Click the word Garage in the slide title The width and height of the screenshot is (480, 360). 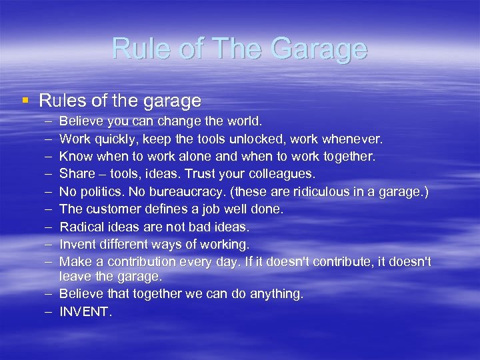(318, 49)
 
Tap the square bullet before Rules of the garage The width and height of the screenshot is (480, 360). (25, 101)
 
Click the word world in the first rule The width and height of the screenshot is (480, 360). (244, 122)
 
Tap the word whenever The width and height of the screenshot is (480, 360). (351, 139)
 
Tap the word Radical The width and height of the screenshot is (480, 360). (80, 227)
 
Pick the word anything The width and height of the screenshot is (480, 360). (274, 293)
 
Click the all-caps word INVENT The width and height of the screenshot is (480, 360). (86, 311)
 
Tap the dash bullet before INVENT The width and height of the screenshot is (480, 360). (49, 311)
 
